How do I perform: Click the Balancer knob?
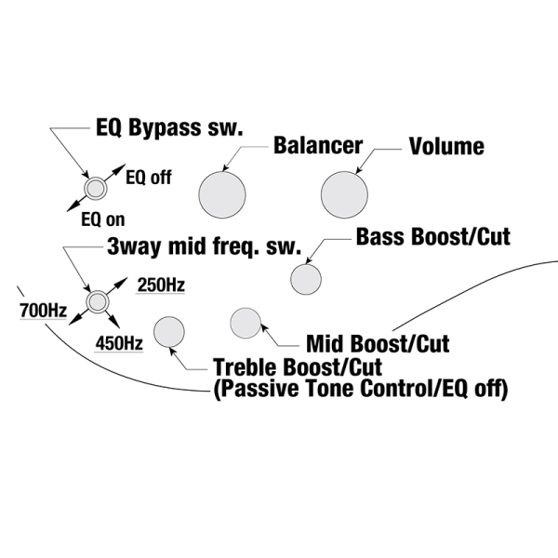pyautogui.click(x=222, y=194)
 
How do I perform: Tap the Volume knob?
pyautogui.click(x=344, y=194)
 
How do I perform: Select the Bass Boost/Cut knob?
pyautogui.click(x=306, y=279)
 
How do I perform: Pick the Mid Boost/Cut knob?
pyautogui.click(x=246, y=324)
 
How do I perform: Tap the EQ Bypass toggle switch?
pyautogui.click(x=94, y=189)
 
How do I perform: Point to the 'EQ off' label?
pyautogui.click(x=148, y=179)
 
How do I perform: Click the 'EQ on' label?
pyautogui.click(x=102, y=220)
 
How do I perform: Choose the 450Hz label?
pyautogui.click(x=119, y=343)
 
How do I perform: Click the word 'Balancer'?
pyautogui.click(x=317, y=146)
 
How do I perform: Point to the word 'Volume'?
pyautogui.click(x=446, y=146)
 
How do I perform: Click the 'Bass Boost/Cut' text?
pyautogui.click(x=432, y=236)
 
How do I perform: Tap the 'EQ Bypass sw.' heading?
pyautogui.click(x=169, y=127)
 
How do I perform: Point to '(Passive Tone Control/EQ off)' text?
pyautogui.click(x=361, y=389)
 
